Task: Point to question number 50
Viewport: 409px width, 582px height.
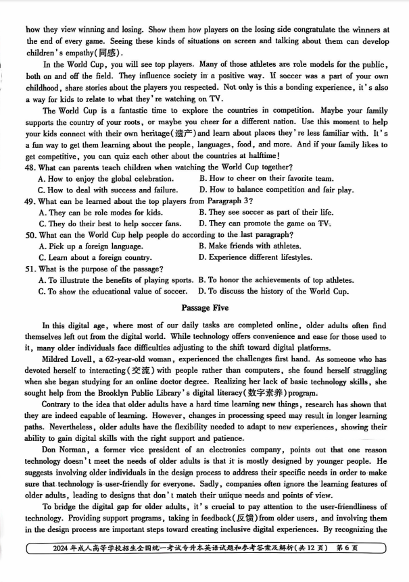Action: [x=30, y=235]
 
